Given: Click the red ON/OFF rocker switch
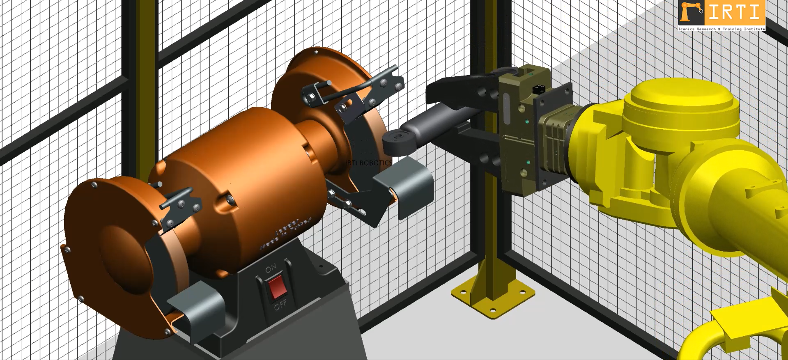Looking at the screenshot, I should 277,287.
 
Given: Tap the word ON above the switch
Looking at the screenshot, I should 271,269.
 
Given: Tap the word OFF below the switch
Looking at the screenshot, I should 280,305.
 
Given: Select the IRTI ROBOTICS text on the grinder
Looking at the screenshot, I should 369,163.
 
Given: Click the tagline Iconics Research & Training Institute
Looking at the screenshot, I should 721,29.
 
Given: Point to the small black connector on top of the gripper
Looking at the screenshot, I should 538,89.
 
